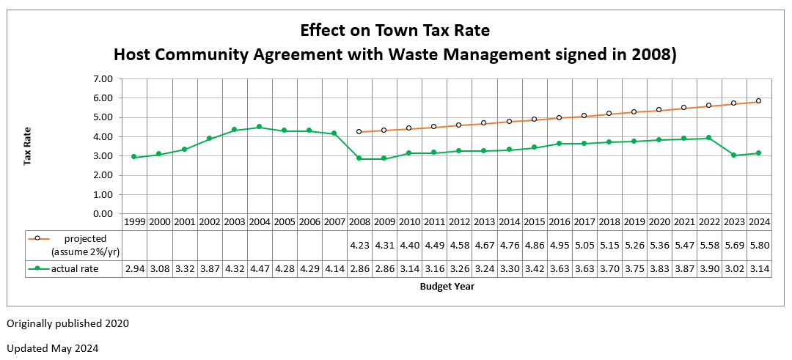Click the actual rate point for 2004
coord(259,127)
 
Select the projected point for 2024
coord(758,101)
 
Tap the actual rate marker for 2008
coord(359,158)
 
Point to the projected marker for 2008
coord(359,132)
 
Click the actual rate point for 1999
coord(133,157)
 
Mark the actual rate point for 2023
coord(733,155)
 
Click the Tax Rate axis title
coord(26,147)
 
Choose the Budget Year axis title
coord(447,287)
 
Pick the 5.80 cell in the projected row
coord(758,244)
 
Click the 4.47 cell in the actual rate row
coord(259,269)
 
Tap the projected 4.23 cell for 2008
coord(359,244)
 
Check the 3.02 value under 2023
coord(733,269)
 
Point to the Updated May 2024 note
coord(53,348)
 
